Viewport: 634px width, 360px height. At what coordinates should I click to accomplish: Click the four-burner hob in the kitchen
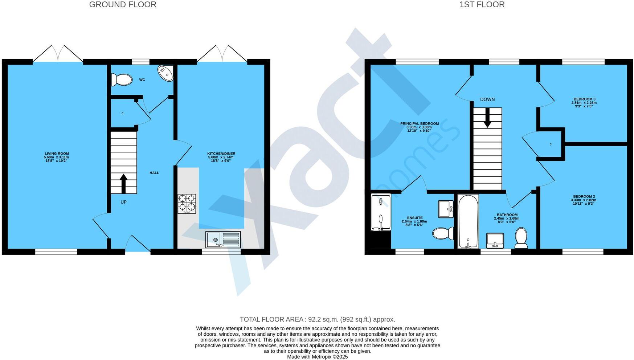187,204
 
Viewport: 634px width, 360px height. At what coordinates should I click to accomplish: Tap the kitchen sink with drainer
223,240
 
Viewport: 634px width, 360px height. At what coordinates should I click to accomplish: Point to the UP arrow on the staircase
123,183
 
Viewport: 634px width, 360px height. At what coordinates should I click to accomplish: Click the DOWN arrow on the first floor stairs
487,118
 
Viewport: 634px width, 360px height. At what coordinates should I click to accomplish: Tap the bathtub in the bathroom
468,221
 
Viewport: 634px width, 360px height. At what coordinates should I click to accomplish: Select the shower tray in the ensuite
380,213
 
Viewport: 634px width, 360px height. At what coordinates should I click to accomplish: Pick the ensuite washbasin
446,209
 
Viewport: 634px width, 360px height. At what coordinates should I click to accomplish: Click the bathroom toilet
521,238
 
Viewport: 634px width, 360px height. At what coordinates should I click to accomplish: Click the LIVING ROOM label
57,154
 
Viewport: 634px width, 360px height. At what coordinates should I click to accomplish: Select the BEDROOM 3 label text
584,99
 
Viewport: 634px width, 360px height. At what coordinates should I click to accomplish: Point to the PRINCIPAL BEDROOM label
419,123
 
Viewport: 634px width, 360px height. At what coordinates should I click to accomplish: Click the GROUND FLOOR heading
123,5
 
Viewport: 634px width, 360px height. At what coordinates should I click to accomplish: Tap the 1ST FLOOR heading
482,5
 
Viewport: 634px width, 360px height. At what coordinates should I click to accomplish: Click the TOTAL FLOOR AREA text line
317,319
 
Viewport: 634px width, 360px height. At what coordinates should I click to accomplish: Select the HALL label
154,173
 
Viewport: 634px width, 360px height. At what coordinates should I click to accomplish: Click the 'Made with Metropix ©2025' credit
317,357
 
